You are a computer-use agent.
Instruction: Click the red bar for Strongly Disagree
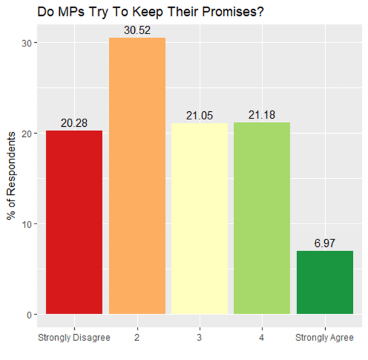coord(74,222)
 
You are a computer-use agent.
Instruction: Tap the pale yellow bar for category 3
coord(199,219)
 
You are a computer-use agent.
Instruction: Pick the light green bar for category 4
coord(262,218)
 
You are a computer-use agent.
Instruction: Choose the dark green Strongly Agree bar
coord(324,282)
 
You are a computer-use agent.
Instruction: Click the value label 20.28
coord(74,123)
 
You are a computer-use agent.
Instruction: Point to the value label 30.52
coord(137,31)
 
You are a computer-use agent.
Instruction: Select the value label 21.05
coord(199,116)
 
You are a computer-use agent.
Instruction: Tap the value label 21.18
coord(262,115)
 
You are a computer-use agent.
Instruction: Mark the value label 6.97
coord(324,243)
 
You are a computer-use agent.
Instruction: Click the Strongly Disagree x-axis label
coord(74,338)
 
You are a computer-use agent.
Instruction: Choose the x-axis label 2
coord(137,338)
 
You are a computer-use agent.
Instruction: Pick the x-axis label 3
coord(199,338)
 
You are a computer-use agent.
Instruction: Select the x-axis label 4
coord(262,338)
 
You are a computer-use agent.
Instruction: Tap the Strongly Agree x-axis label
coord(324,338)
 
